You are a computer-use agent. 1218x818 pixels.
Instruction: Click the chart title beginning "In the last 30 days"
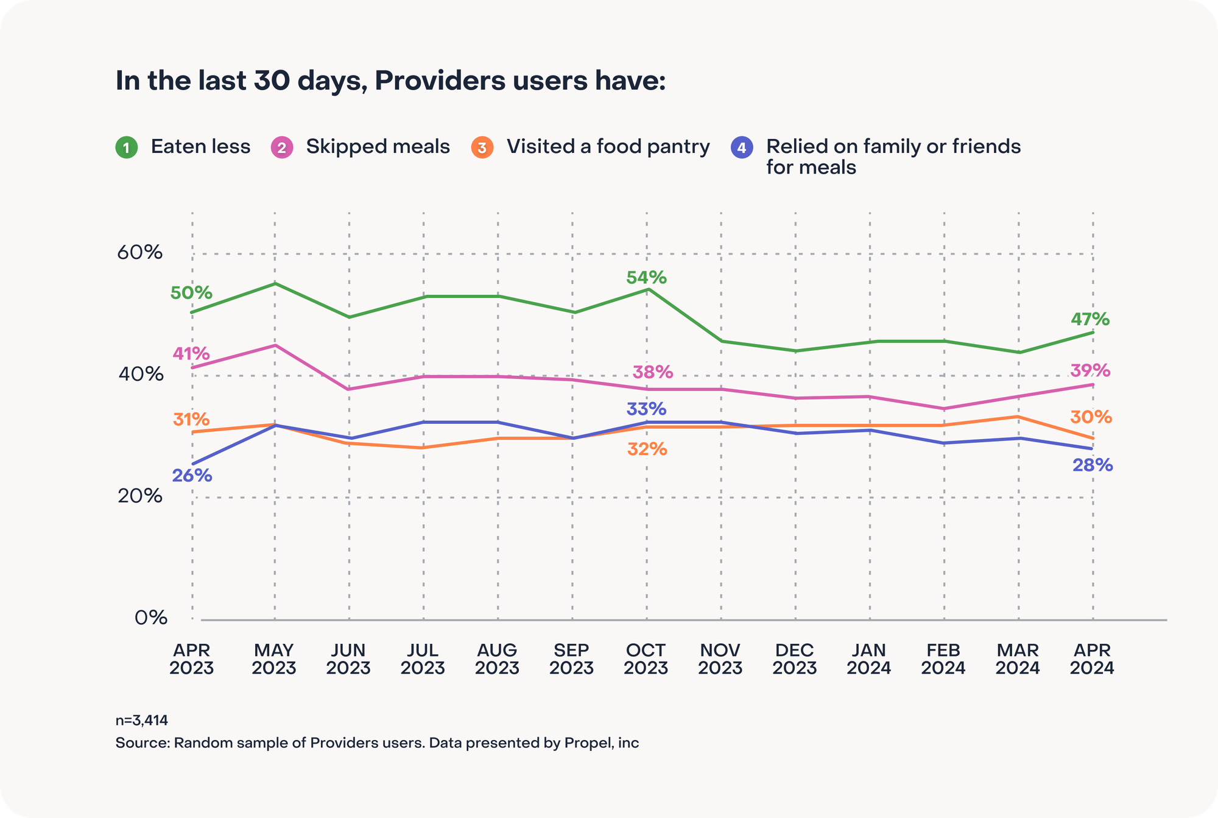[390, 81]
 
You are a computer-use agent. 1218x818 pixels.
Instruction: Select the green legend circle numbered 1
[127, 147]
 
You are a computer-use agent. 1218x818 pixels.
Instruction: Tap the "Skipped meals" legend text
[378, 147]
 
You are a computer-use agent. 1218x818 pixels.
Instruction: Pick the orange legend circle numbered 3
[482, 147]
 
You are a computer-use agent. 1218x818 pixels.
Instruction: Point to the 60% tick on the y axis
[139, 252]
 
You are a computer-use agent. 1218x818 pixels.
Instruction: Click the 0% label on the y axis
[150, 618]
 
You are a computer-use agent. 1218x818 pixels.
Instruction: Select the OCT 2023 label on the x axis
[646, 659]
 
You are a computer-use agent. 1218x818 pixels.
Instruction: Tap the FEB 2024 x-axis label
[943, 659]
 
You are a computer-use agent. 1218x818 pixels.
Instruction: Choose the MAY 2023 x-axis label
[274, 659]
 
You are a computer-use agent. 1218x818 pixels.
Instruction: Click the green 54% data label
[646, 278]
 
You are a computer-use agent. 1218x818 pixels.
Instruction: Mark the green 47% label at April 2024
[1090, 319]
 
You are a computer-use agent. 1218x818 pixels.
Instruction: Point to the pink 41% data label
[191, 353]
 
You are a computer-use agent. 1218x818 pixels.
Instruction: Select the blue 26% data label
[192, 476]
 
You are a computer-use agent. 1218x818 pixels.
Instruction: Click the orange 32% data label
[647, 450]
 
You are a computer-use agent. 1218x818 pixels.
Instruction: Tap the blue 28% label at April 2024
[1093, 466]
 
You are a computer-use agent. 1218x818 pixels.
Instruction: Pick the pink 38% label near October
[653, 372]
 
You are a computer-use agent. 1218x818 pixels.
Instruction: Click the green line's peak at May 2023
[275, 283]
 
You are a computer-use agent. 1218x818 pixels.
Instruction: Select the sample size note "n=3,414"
[142, 721]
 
